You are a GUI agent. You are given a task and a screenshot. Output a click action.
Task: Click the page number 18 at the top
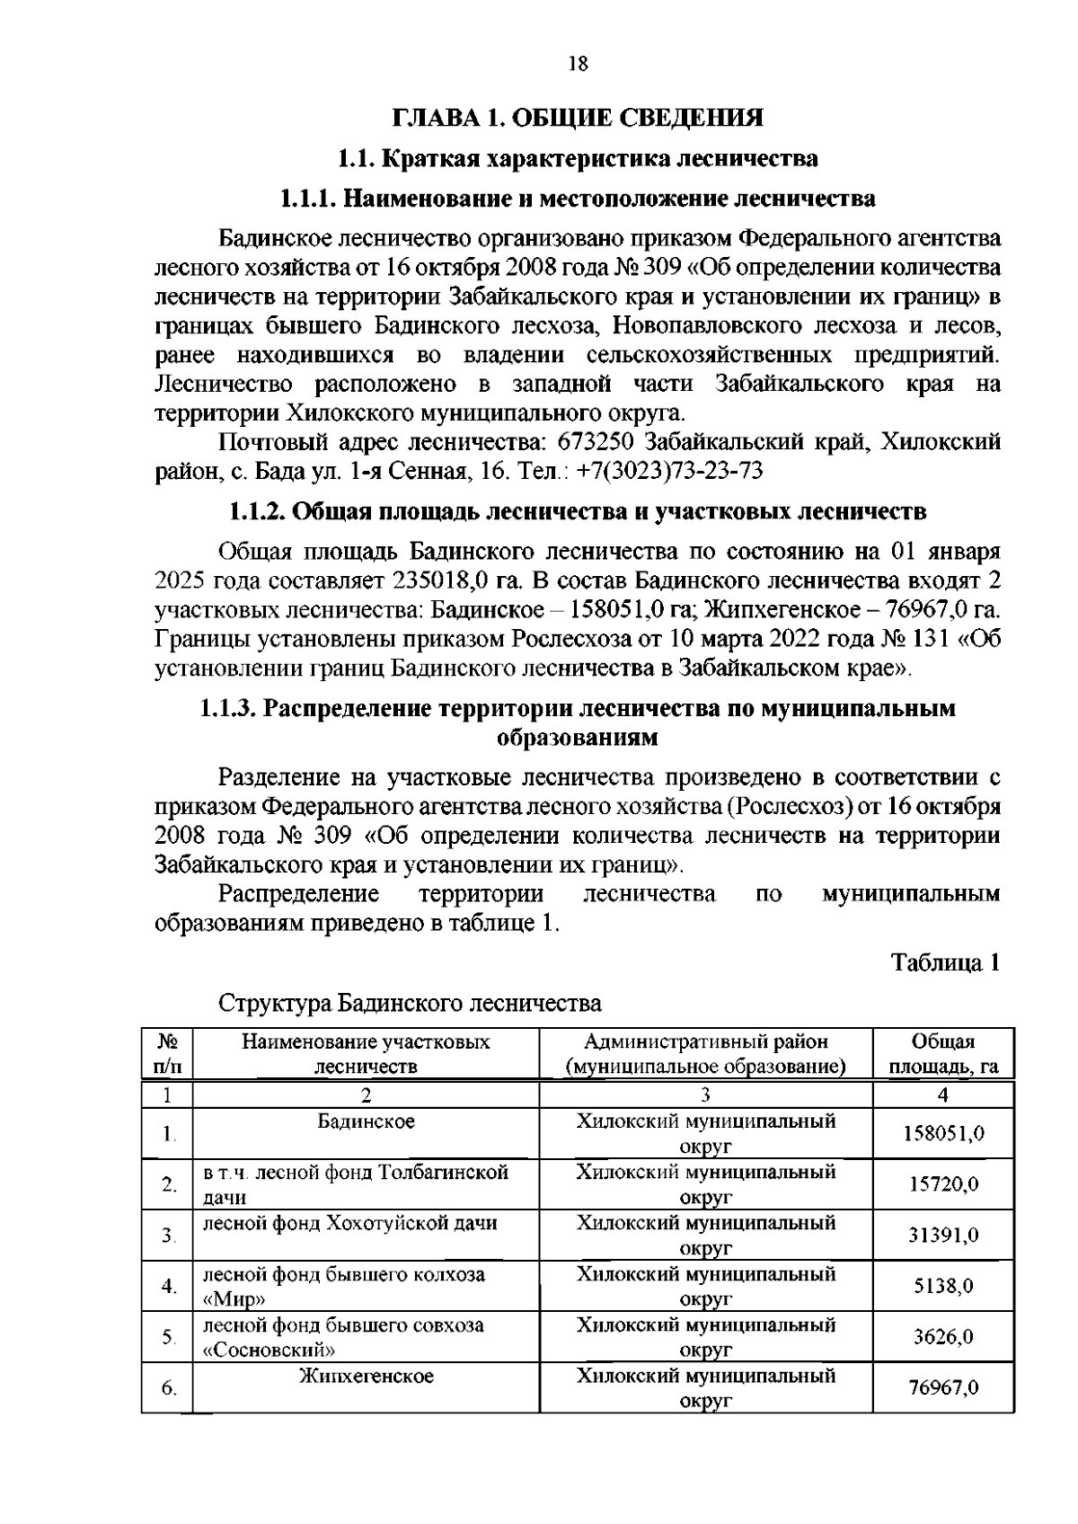578,63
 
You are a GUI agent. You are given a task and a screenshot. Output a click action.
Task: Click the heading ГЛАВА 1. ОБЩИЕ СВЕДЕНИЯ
578,118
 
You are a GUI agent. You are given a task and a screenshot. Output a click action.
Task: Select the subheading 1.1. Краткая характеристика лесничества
578,159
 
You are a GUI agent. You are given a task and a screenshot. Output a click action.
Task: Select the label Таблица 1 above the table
945,962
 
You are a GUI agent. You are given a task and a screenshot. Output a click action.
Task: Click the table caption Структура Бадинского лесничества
411,1003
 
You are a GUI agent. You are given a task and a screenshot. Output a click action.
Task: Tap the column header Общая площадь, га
943,1054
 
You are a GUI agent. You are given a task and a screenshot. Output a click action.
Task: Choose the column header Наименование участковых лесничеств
366,1054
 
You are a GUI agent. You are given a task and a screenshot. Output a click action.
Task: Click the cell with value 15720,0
943,1184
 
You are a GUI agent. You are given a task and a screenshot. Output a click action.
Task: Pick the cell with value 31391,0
943,1236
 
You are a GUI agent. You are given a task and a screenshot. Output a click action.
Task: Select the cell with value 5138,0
943,1286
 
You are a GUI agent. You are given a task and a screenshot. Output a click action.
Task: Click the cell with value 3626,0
943,1337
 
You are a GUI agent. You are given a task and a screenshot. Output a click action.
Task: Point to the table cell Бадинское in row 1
366,1121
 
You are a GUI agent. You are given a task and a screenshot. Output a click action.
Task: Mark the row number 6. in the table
169,1388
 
